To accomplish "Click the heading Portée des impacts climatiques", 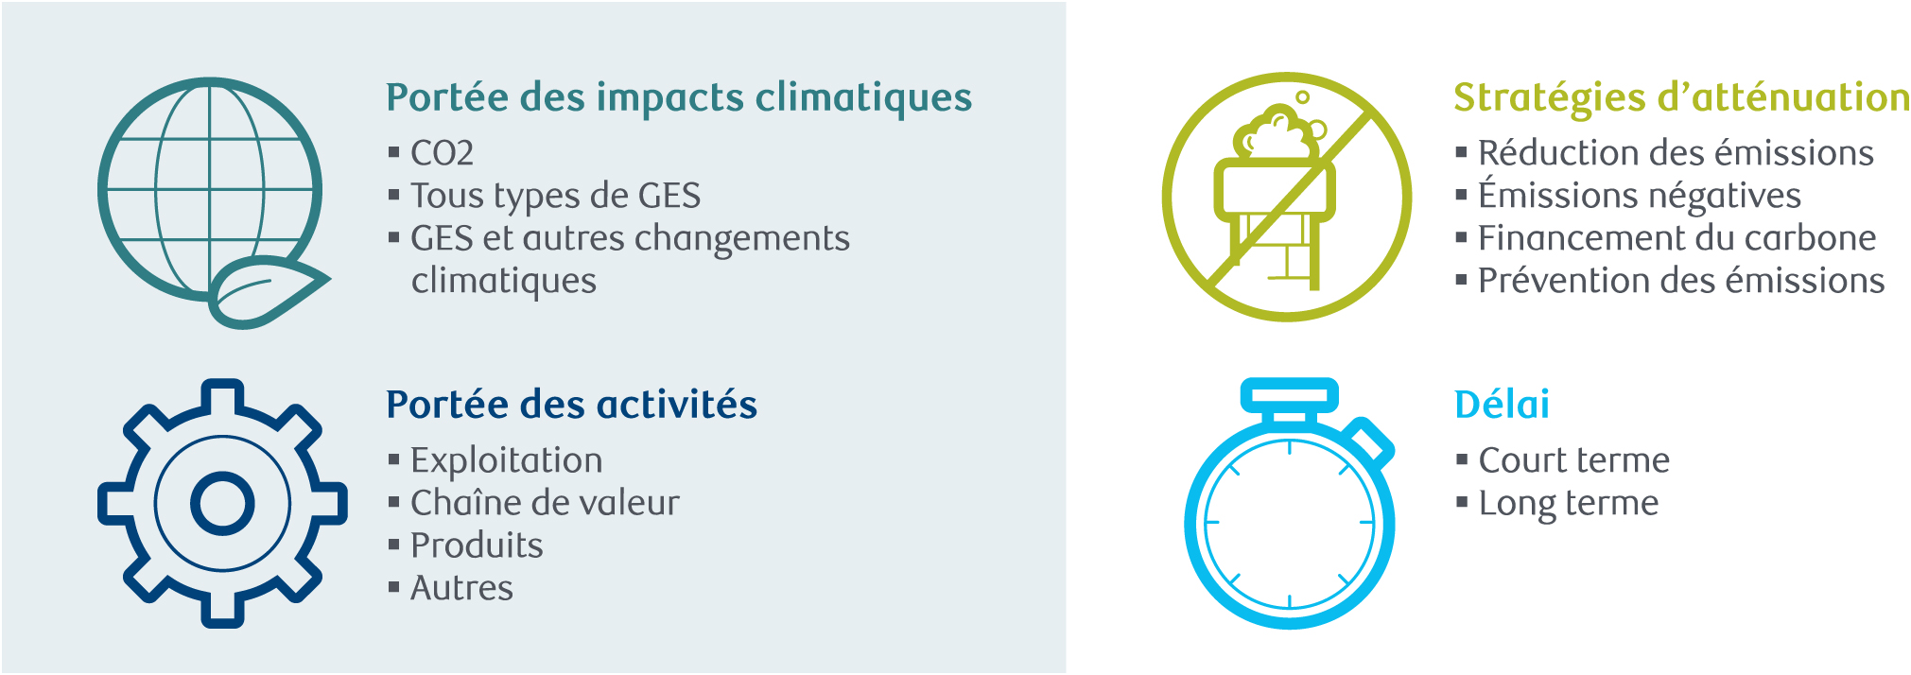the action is [x=679, y=98].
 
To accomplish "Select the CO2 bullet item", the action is [x=442, y=153].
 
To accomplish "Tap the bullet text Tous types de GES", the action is [x=555, y=197].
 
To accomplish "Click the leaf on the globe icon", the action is [x=268, y=291].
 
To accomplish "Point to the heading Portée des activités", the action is [x=571, y=405].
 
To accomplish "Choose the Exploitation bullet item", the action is [x=506, y=460].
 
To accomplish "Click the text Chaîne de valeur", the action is [x=545, y=503].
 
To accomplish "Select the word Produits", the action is [x=477, y=545].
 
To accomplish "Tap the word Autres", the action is [x=461, y=588].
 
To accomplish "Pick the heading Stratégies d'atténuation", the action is [x=1681, y=98].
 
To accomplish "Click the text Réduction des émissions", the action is [x=1676, y=153].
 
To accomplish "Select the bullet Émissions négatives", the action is [x=1640, y=196].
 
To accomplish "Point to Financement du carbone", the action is [x=1676, y=238].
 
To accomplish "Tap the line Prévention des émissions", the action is [x=1681, y=281].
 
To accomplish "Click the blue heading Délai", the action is [x=1502, y=405].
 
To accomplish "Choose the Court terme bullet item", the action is [x=1573, y=460].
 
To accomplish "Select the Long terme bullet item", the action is [x=1568, y=504].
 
